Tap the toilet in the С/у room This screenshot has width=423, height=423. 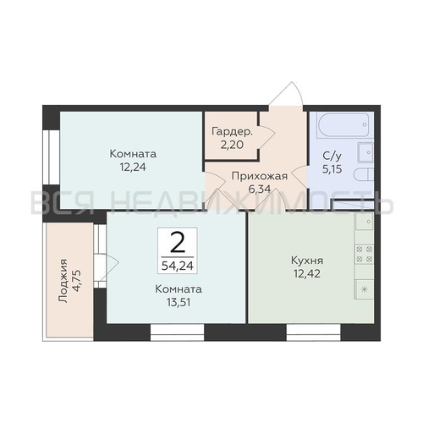click(x=364, y=175)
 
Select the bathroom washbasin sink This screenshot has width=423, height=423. click(x=365, y=152)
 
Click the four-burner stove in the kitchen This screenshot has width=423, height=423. click(x=365, y=255)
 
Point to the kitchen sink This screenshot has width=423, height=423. click(x=365, y=221)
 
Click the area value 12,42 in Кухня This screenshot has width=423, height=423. click(x=307, y=273)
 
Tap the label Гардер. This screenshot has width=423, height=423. click(x=233, y=132)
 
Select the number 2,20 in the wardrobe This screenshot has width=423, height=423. click(x=232, y=145)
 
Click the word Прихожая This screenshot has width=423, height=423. click(x=260, y=177)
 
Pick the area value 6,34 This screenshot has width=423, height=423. click(x=260, y=189)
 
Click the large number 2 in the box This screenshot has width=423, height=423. click(x=178, y=242)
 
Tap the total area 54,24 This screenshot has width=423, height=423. click(x=178, y=266)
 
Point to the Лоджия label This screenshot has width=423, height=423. click(x=63, y=281)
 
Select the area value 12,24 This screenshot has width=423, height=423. click(x=133, y=168)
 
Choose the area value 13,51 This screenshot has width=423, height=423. click(x=179, y=303)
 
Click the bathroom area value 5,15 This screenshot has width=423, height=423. click(x=332, y=169)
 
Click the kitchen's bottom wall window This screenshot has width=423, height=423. click(x=314, y=332)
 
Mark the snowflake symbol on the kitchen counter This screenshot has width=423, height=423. click(x=365, y=289)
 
